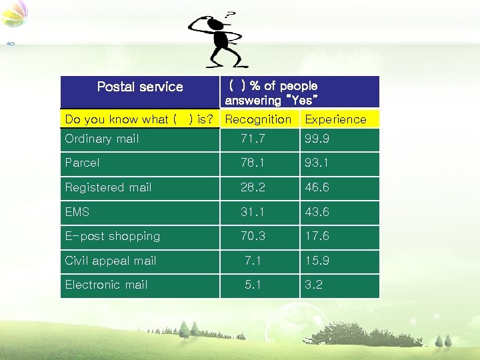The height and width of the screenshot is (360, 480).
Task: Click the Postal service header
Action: (x=140, y=87)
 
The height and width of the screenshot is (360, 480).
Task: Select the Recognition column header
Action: (x=258, y=119)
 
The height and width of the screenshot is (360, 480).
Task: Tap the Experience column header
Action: (x=335, y=119)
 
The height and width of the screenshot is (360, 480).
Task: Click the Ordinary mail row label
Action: (x=102, y=139)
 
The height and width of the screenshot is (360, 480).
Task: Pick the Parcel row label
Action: (x=82, y=163)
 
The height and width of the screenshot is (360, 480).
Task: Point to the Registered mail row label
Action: (x=108, y=187)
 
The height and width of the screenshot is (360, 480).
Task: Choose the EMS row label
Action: (x=77, y=212)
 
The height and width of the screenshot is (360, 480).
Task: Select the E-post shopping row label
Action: (x=112, y=236)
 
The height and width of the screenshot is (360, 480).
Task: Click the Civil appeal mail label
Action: (x=110, y=261)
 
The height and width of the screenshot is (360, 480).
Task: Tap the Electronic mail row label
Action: (x=106, y=285)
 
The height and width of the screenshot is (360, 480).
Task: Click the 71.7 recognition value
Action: (x=253, y=139)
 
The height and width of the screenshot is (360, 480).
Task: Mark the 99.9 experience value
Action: (x=317, y=139)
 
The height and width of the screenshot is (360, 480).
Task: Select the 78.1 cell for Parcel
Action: (x=253, y=163)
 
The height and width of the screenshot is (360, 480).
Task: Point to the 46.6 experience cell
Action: (x=317, y=187)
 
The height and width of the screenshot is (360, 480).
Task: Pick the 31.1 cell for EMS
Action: (x=253, y=212)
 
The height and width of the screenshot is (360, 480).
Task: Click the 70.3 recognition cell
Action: (x=253, y=236)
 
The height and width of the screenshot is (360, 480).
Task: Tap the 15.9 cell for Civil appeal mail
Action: (x=317, y=261)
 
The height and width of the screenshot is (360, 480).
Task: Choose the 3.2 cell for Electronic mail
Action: (x=313, y=285)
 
